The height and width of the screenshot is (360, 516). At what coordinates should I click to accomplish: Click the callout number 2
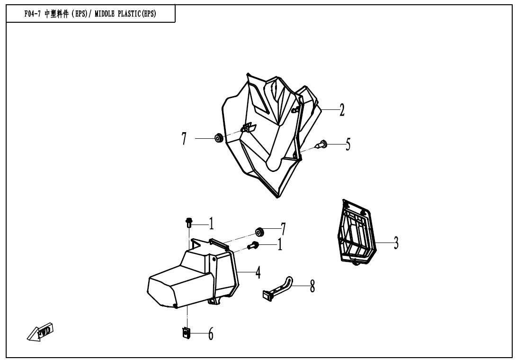tap(342, 110)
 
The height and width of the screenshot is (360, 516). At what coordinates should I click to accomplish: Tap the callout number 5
tap(348, 144)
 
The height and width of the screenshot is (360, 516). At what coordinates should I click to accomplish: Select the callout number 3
tap(396, 243)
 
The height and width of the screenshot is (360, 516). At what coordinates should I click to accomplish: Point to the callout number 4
tap(258, 273)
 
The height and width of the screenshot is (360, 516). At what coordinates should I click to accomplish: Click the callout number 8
tap(312, 286)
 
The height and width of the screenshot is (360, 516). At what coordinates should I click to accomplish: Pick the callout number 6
tap(211, 334)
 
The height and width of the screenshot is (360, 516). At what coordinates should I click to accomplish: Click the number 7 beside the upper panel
tap(184, 139)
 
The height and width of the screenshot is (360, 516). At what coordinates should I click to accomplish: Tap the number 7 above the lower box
tap(283, 229)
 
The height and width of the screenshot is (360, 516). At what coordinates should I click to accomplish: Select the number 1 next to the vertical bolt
tap(211, 224)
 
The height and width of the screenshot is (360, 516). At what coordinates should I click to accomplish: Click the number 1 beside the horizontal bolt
tap(280, 245)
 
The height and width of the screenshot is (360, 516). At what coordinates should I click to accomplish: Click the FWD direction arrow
tap(40, 332)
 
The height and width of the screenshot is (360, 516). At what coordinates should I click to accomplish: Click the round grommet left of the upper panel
tap(218, 138)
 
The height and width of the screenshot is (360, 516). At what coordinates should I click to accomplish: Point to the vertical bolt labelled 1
tap(189, 223)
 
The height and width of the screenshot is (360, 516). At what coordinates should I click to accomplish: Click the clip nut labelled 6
tap(186, 333)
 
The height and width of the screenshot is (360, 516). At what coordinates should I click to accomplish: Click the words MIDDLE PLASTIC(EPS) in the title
tap(125, 14)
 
